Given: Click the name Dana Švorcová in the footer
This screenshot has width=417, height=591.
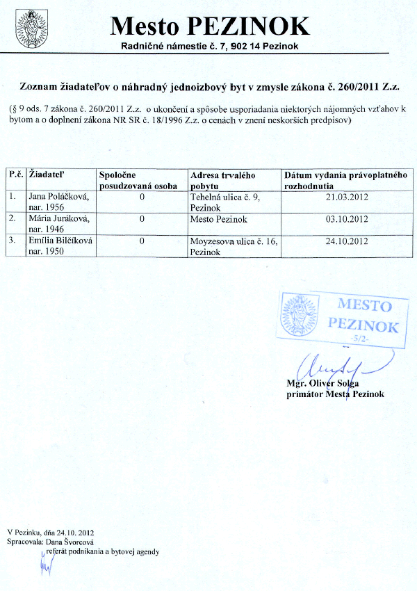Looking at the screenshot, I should [69, 541].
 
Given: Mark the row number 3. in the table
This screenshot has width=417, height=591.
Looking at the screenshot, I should [12, 241].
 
